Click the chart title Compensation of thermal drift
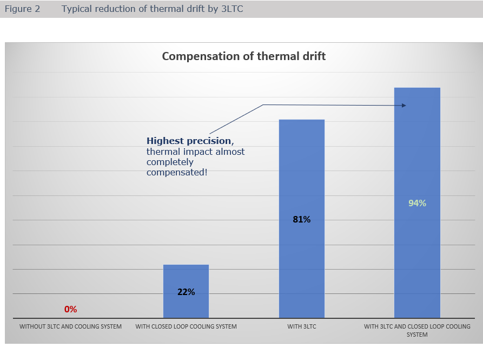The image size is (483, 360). tap(244, 56)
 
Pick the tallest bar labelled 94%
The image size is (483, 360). tap(417, 152)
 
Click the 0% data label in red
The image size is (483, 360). tap(71, 310)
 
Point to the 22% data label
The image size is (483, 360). tap(186, 292)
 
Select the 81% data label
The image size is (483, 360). tap(302, 220)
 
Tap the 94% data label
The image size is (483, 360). tap(417, 204)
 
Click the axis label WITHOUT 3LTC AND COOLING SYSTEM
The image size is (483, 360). tap(71, 327)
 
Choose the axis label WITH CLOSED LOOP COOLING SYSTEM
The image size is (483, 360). tap(186, 327)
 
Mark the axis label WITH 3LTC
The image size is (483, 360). tap(302, 327)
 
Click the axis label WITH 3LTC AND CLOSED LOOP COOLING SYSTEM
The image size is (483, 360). tap(417, 330)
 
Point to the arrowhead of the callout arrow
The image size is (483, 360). tap(403, 106)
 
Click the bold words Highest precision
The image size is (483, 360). tap(189, 141)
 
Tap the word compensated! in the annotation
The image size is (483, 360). tap(177, 172)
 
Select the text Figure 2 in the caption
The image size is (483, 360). tap(23, 9)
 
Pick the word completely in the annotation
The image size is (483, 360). tap(170, 162)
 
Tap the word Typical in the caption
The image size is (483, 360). tap(76, 9)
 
